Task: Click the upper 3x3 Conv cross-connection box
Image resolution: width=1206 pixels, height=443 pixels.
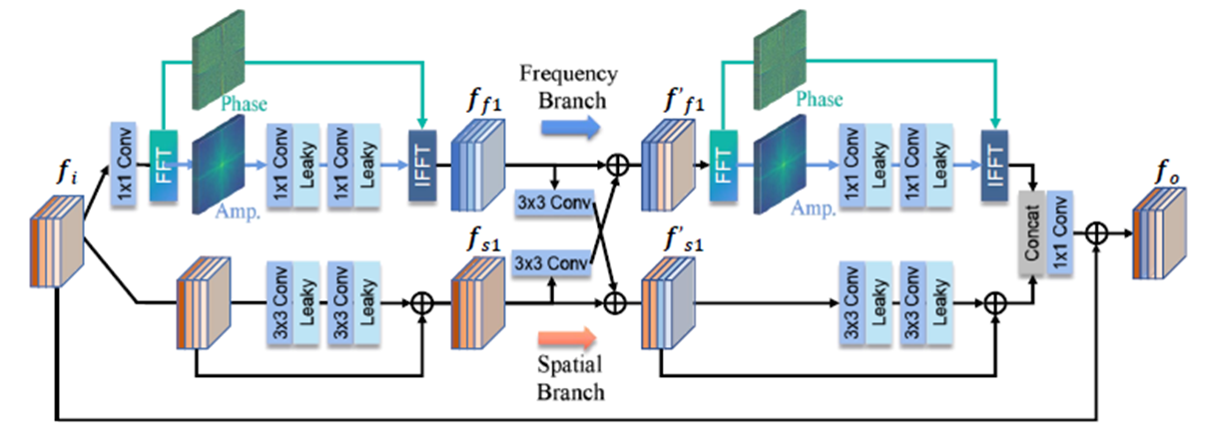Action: point(553,202)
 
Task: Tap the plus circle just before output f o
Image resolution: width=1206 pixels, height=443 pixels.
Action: point(1097,230)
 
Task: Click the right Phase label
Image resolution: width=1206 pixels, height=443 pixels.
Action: point(819,100)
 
